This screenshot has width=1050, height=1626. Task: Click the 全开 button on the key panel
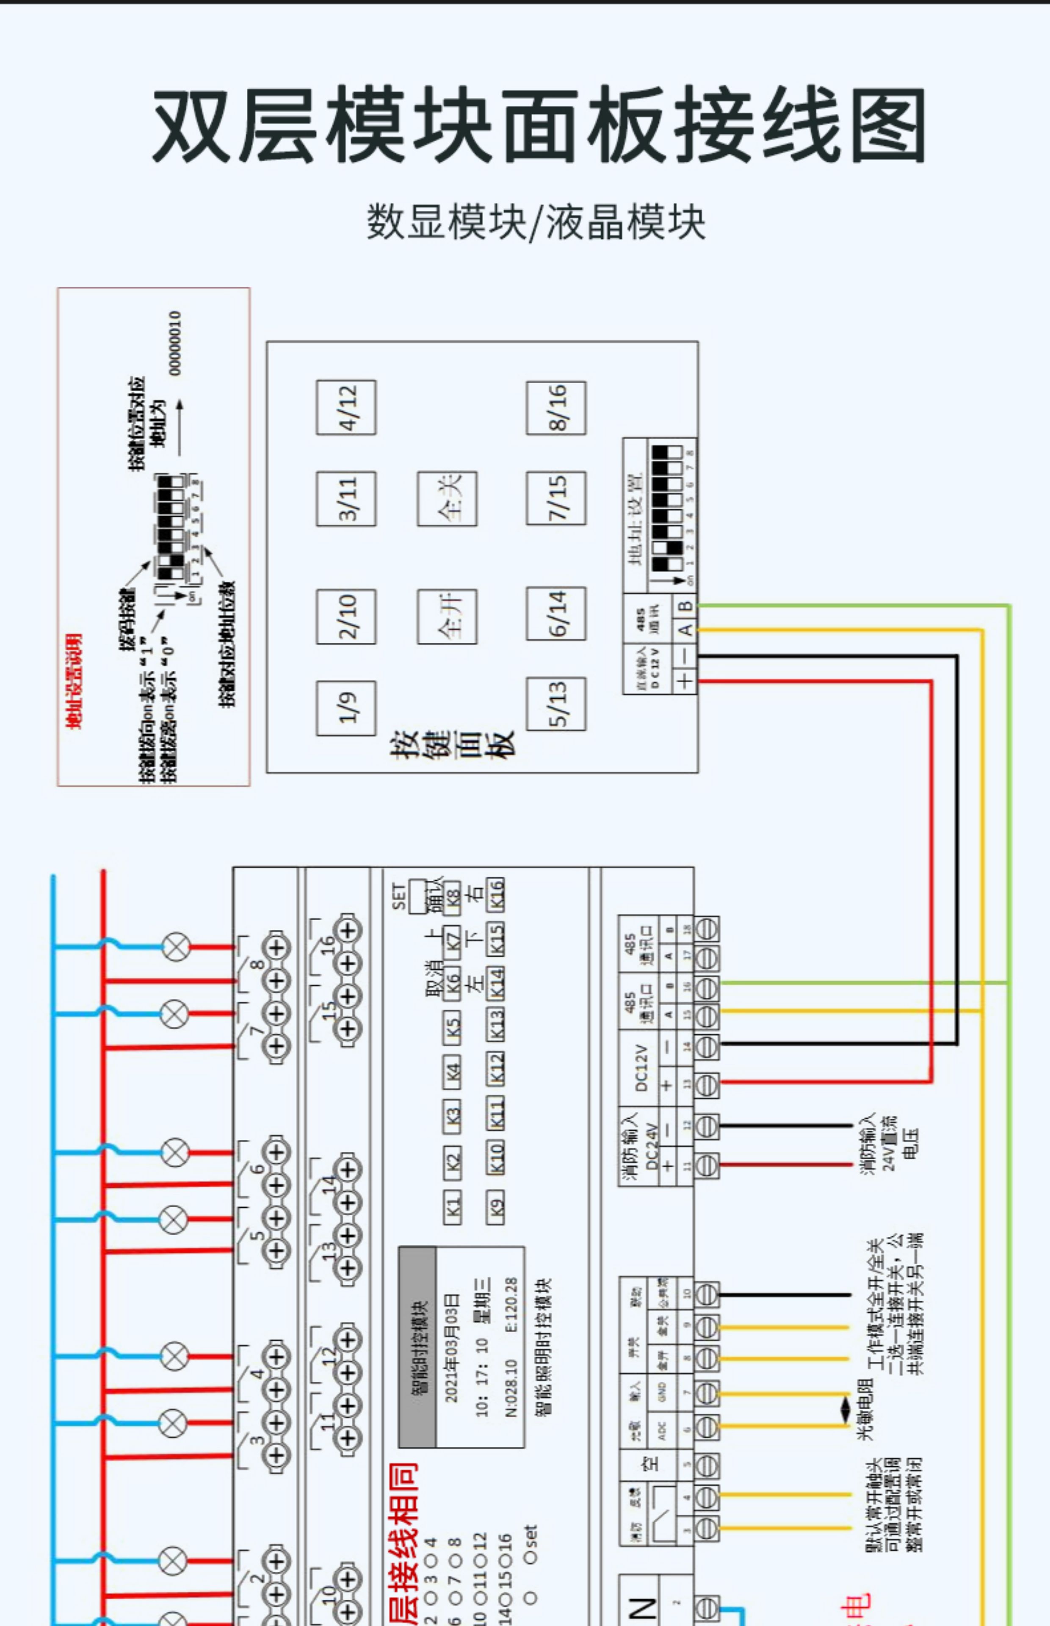[447, 616]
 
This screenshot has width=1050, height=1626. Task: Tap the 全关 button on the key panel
[447, 498]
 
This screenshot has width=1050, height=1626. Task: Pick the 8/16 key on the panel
[555, 407]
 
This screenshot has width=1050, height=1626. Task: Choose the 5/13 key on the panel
[555, 704]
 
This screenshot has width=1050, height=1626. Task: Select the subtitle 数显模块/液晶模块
[536, 221]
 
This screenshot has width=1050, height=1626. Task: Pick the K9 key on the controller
[496, 1207]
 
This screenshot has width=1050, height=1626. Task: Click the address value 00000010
[175, 343]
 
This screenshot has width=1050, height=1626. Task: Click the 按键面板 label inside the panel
[451, 744]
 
